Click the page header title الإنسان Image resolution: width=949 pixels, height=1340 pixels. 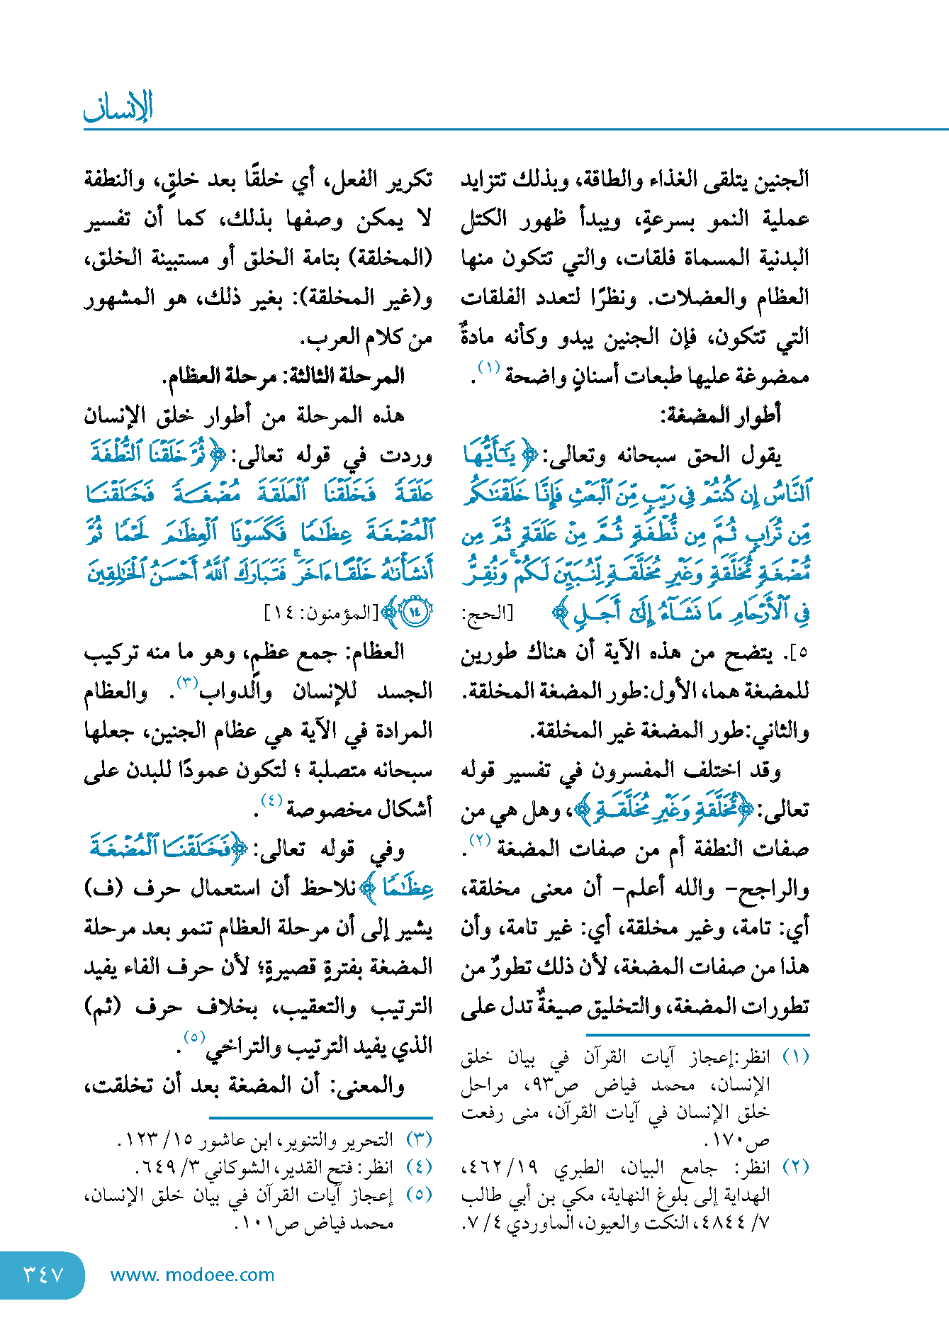click(118, 107)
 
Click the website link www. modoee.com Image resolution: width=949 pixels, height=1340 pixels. click(192, 1275)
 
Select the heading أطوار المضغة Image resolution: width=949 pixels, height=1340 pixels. click(720, 415)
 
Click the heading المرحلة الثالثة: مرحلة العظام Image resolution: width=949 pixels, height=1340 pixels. click(283, 376)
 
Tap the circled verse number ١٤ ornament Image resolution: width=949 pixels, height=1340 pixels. click(415, 613)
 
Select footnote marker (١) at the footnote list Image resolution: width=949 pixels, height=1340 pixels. click(795, 1057)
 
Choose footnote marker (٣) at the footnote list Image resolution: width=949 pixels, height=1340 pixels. click(419, 1139)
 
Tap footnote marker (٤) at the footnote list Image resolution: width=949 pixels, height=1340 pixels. click(419, 1167)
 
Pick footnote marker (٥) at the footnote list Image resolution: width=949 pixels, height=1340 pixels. click(419, 1195)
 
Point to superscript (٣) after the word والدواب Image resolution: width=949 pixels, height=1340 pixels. click(187, 683)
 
